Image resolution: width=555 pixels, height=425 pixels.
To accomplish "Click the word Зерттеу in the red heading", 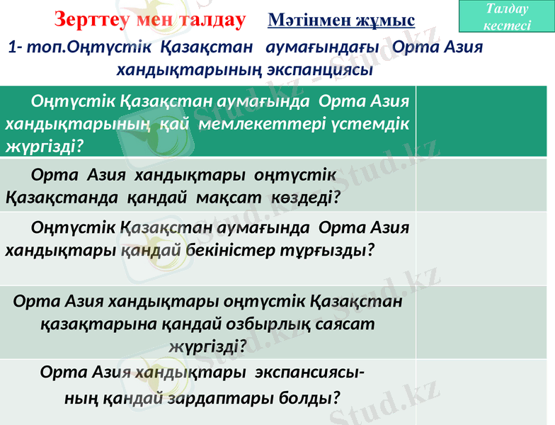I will (x=88, y=20).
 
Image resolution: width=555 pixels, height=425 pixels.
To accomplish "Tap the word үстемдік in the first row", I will (x=370, y=124).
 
